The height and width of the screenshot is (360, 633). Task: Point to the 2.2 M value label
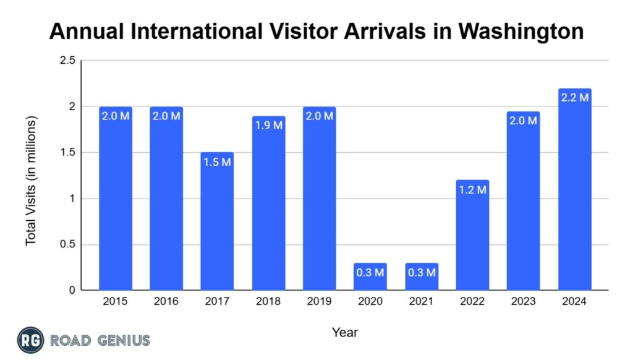tap(575, 98)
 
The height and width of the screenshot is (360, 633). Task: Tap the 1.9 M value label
tap(268, 126)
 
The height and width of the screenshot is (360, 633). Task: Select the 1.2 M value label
tap(472, 190)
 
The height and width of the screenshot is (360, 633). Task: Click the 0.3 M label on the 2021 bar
tap(422, 273)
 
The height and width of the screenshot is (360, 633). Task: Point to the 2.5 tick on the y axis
tap(68, 61)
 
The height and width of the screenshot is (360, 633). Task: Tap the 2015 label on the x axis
tap(115, 302)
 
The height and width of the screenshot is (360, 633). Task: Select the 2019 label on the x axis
tap(320, 302)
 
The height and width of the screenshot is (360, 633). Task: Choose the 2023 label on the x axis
tap(524, 302)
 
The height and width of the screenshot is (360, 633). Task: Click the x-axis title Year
tap(344, 333)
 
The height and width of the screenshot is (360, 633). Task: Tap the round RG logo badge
tap(30, 340)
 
